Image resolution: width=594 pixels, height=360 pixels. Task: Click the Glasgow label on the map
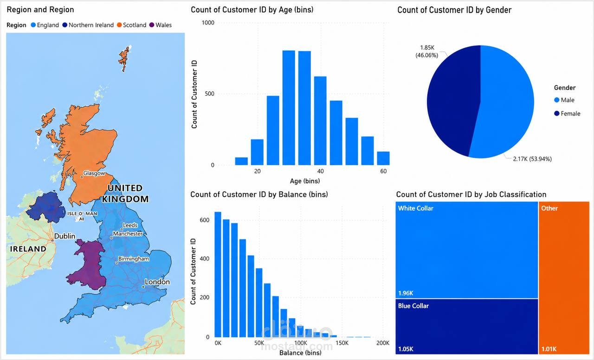point(94,173)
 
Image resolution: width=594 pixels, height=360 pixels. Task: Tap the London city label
point(157,282)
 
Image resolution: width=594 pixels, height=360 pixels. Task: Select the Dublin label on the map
point(65,236)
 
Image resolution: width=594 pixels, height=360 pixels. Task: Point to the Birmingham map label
point(134,259)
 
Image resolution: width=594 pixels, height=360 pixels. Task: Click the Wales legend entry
point(161,25)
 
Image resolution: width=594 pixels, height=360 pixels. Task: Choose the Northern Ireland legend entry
point(88,25)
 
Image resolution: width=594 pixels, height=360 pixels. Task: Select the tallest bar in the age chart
point(289,108)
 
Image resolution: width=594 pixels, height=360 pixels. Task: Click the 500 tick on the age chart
point(209,94)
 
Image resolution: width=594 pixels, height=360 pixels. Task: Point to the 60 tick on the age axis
point(383,171)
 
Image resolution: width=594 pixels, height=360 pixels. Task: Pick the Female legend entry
point(567,114)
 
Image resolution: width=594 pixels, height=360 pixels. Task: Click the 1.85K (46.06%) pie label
point(426,51)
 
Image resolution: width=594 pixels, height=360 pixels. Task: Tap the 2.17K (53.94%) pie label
point(532,159)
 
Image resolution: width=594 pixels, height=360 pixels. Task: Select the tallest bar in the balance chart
point(218,274)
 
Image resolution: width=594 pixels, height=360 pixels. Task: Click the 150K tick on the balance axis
point(342,343)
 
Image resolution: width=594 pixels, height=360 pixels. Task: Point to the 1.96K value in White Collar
point(406,293)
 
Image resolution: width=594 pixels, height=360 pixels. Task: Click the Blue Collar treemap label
point(413,306)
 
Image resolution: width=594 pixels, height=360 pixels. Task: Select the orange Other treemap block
point(564,278)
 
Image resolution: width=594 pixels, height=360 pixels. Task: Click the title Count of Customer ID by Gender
point(454,10)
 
